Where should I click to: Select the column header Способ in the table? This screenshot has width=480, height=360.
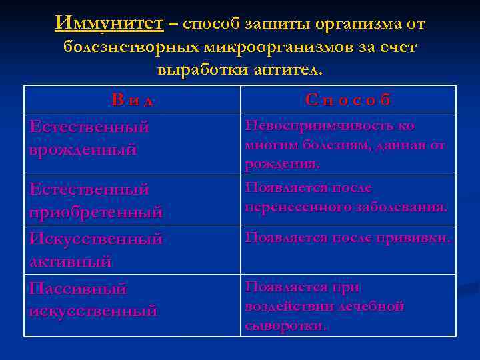(348, 100)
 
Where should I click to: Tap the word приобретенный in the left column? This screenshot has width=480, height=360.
(96, 213)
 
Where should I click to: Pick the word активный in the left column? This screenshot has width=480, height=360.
(71, 261)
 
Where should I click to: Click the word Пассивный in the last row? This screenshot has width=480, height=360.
(78, 289)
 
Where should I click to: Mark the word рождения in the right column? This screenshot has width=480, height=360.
(281, 163)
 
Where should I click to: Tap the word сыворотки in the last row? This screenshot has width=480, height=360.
(285, 325)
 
